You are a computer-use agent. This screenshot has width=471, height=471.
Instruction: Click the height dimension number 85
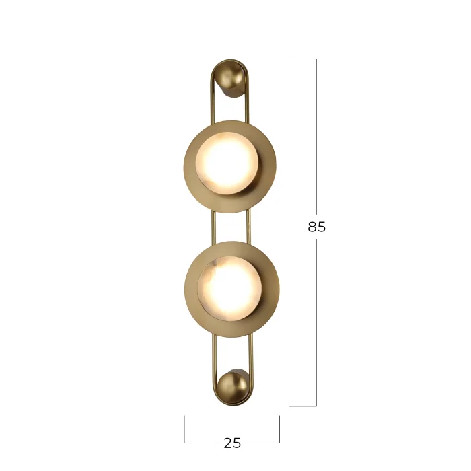coord(316,227)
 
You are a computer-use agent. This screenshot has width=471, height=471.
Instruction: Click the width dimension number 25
coord(232,443)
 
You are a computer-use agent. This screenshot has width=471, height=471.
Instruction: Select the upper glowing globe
coord(227,163)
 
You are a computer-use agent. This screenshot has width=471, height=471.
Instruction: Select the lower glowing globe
coord(230,289)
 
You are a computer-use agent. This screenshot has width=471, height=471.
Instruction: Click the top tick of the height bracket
coord(303,59)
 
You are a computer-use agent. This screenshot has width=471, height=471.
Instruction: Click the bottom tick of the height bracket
coord(303,406)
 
